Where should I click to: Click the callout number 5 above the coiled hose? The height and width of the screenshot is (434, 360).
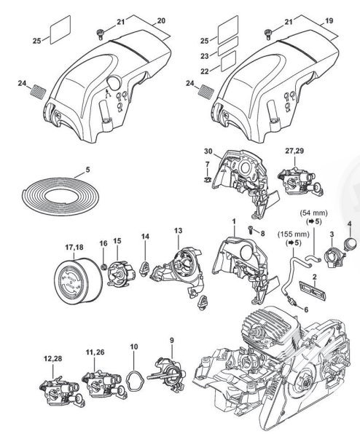pyautogui.click(x=87, y=170)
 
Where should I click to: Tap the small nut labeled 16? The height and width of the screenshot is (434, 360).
pyautogui.click(x=104, y=267)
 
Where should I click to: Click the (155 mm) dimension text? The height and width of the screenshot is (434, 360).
pyautogui.click(x=294, y=234)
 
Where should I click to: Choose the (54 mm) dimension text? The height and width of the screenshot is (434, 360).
pyautogui.click(x=314, y=213)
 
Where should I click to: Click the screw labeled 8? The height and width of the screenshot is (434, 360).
pyautogui.click(x=251, y=229)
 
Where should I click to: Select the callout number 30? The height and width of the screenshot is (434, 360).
pyautogui.click(x=208, y=151)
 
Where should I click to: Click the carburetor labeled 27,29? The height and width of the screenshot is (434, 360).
pyautogui.click(x=300, y=180)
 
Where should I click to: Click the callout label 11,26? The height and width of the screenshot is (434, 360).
pyautogui.click(x=95, y=352)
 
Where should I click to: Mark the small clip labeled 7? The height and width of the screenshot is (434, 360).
pyautogui.click(x=206, y=179)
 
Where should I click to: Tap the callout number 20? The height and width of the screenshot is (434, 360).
pyautogui.click(x=161, y=21)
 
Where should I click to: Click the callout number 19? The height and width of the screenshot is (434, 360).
pyautogui.click(x=329, y=21)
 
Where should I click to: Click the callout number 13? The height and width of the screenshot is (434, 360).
pyautogui.click(x=179, y=230)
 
